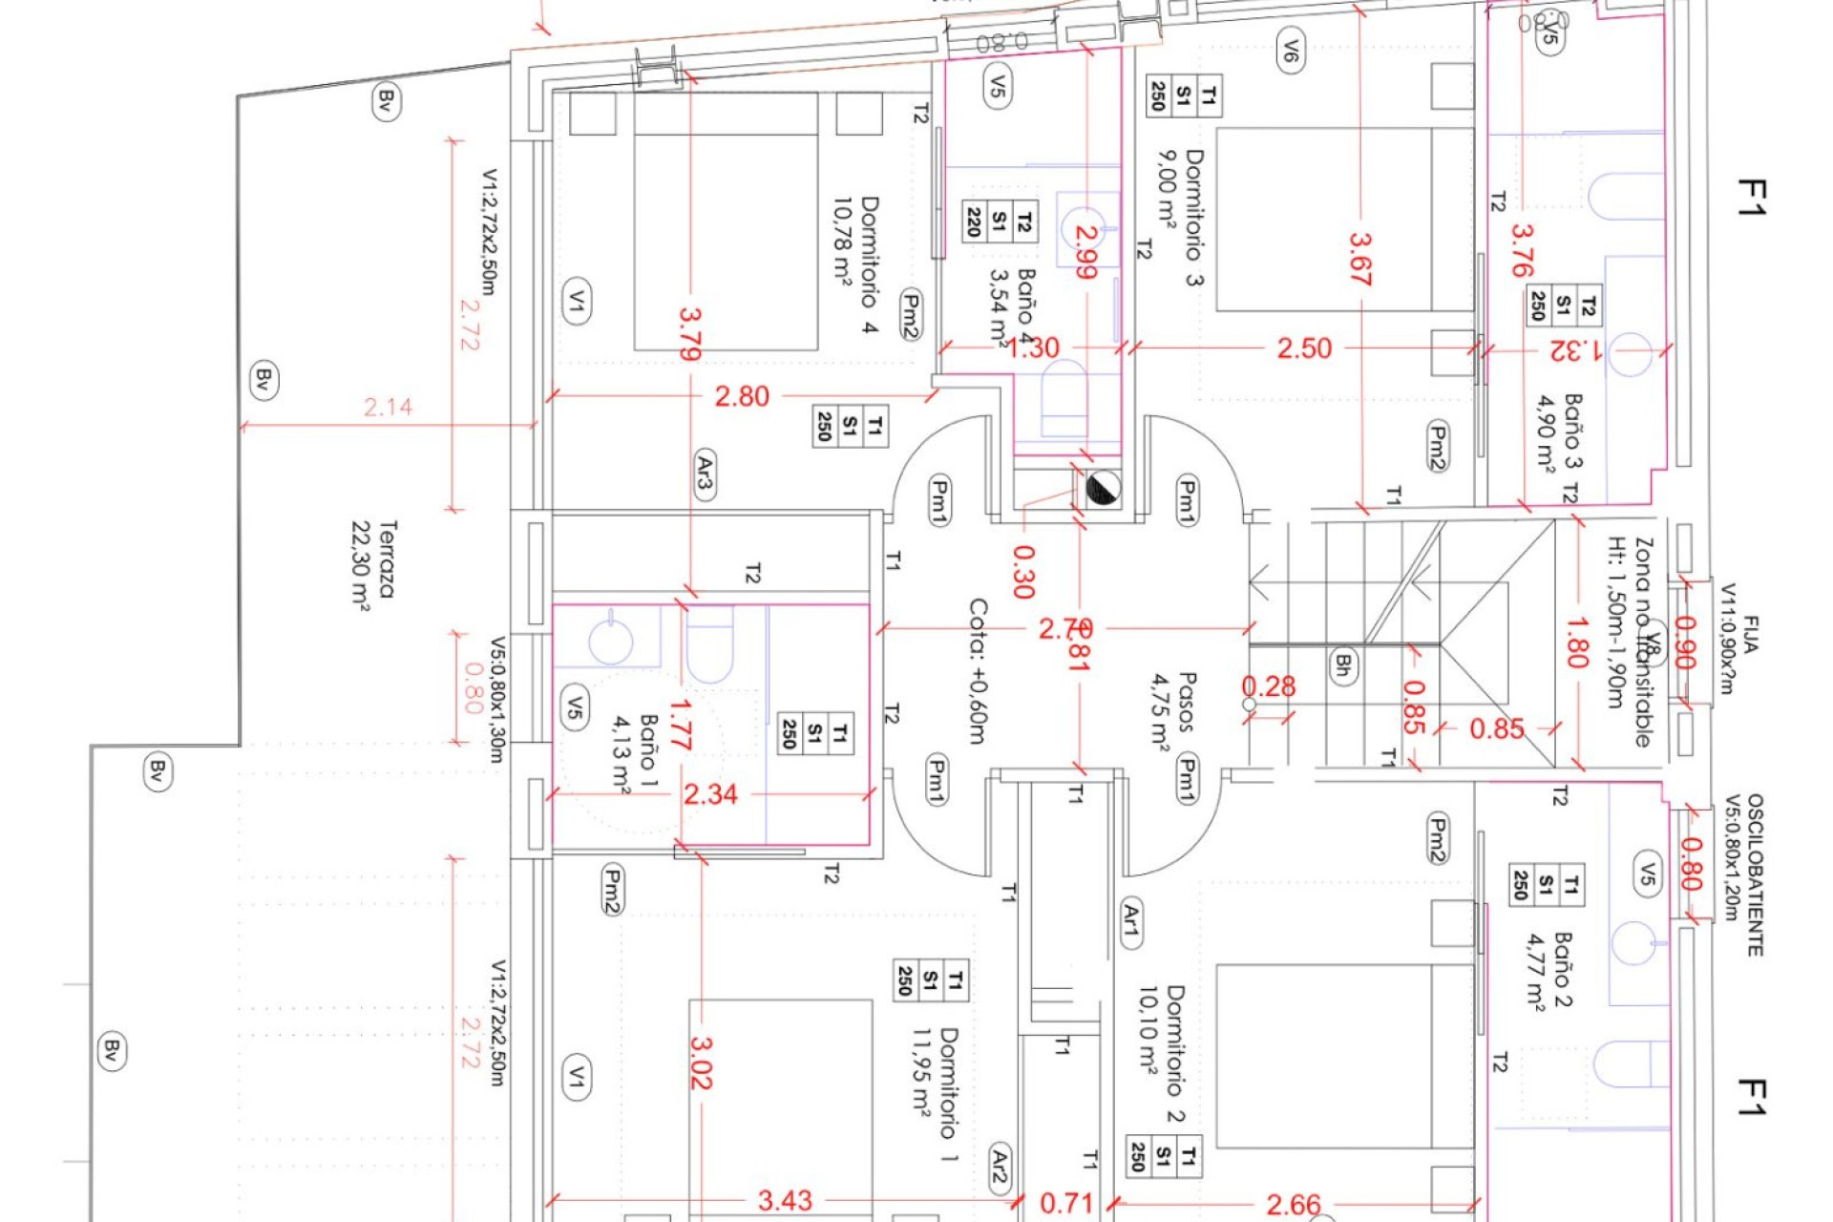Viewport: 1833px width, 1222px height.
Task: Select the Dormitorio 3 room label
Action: [x=1181, y=217]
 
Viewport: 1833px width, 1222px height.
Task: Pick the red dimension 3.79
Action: [x=690, y=333]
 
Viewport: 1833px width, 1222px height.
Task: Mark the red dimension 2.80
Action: [x=742, y=396]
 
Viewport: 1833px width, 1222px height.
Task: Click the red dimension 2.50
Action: [x=1304, y=348]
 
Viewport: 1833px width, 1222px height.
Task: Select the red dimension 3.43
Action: [x=785, y=1201]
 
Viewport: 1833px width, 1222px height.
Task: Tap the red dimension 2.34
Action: [x=710, y=794]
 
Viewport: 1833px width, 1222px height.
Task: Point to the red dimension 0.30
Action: [x=1022, y=571]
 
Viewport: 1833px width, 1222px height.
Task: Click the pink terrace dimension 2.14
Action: [x=389, y=408]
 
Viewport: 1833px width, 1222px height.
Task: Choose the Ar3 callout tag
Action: [x=705, y=474]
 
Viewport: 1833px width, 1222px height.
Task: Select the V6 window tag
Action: [x=1290, y=50]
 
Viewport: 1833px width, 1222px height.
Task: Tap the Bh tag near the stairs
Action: [x=1343, y=665]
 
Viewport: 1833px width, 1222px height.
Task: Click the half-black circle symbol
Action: [x=1103, y=489]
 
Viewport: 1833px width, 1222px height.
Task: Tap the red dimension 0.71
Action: [x=1065, y=1203]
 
